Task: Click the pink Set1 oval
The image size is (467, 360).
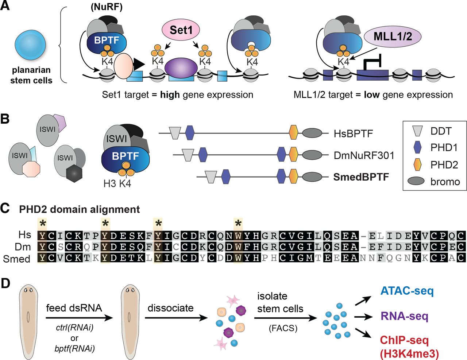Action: point(181,30)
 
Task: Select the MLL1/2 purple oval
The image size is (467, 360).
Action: point(393,36)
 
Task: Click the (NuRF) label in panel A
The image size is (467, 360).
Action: point(107,8)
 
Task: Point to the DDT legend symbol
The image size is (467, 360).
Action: point(417,131)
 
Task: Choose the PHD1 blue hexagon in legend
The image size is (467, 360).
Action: point(417,148)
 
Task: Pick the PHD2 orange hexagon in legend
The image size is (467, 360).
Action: point(417,164)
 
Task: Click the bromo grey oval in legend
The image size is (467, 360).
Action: point(416,181)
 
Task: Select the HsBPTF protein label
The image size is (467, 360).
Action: point(353,134)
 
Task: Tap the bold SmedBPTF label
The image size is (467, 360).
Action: point(361,177)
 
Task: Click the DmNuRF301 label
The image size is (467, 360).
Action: point(364,155)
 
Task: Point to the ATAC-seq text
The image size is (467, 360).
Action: point(407,291)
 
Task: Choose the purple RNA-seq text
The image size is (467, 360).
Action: point(404,316)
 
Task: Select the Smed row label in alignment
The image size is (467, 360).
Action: point(16,259)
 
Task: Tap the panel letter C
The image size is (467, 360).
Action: point(5,208)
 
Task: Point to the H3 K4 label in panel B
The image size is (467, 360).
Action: point(117,183)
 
